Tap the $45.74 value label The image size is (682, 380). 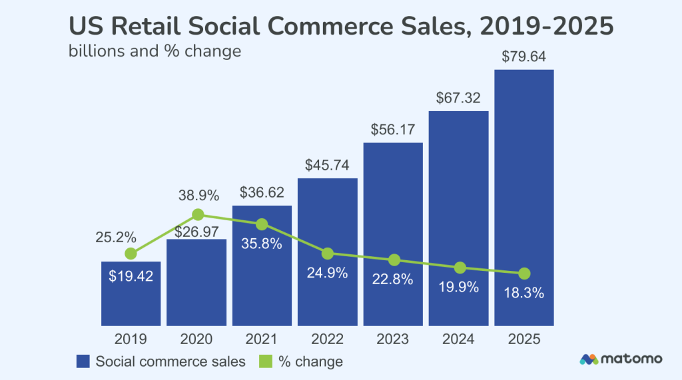coord(327,164)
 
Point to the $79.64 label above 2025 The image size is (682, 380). coord(524,57)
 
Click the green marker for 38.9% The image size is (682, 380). coord(197,214)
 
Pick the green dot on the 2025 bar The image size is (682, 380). coord(524,274)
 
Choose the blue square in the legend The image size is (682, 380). coord(83,362)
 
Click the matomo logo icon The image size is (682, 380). coord(589,359)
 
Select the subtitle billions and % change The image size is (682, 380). coord(155,51)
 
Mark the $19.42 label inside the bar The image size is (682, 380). coord(131,276)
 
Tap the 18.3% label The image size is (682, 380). coord(524,293)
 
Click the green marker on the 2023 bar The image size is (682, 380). coord(394,260)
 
